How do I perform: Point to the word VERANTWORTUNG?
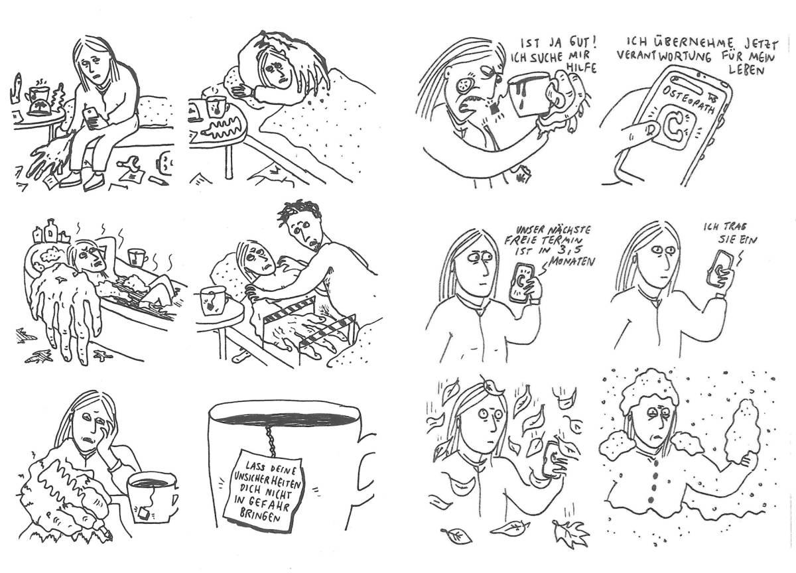click(x=664, y=56)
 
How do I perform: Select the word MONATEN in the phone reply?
click(x=570, y=263)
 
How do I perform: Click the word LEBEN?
click(x=747, y=70)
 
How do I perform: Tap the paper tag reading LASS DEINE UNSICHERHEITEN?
click(x=265, y=491)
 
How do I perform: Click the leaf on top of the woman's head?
click(x=494, y=388)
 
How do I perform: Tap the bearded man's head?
click(x=302, y=223)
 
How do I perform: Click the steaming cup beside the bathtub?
click(x=137, y=257)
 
